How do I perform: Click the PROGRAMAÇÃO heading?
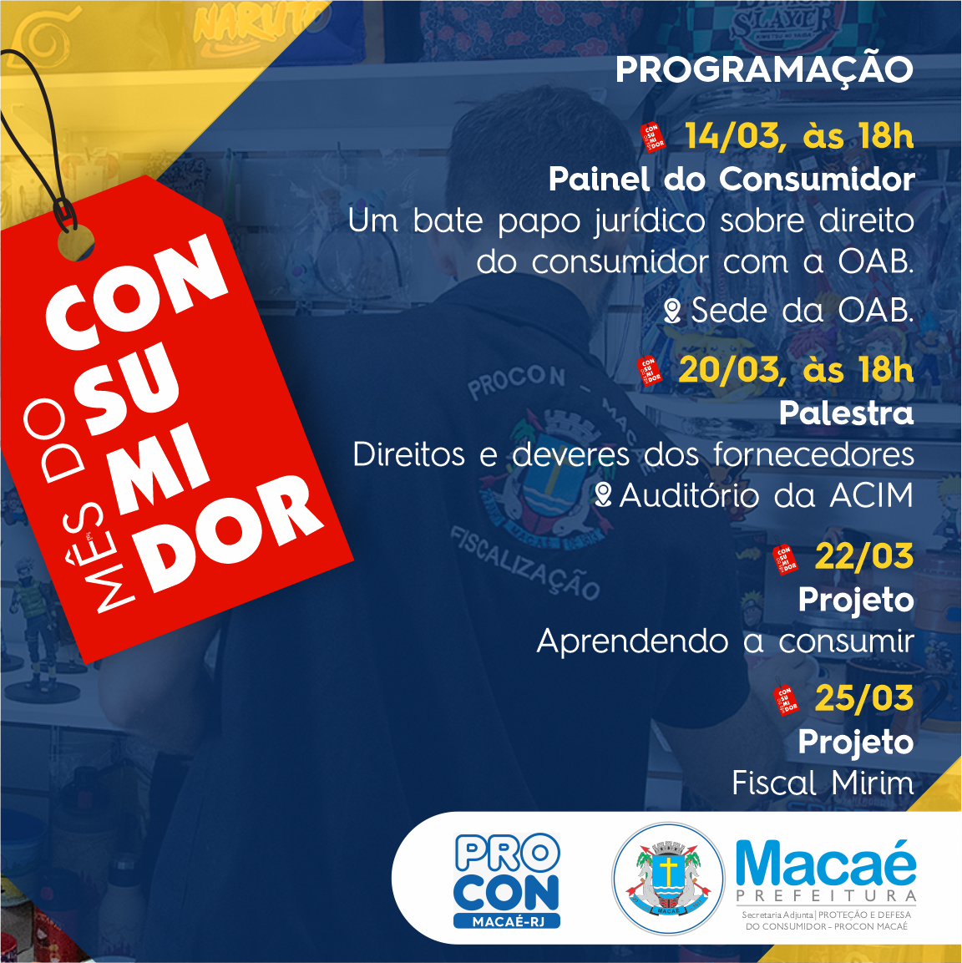(x=764, y=70)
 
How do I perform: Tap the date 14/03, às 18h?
(x=799, y=136)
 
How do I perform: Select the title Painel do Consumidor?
(x=732, y=179)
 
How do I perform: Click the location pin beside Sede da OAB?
(x=673, y=311)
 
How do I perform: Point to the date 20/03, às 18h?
(x=797, y=370)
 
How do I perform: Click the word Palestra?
(x=847, y=413)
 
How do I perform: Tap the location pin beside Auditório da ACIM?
(x=604, y=494)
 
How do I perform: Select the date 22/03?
(x=864, y=555)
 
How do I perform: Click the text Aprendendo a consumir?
(x=726, y=641)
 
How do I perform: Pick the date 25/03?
(x=864, y=698)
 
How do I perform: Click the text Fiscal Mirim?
(x=823, y=783)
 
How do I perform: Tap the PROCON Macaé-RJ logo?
(x=507, y=880)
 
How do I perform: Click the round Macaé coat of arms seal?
(x=669, y=879)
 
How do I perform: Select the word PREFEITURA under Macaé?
(x=827, y=896)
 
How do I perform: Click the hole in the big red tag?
(x=75, y=242)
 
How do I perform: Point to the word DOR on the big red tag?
(x=230, y=534)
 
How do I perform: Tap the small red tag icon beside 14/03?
(x=652, y=137)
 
